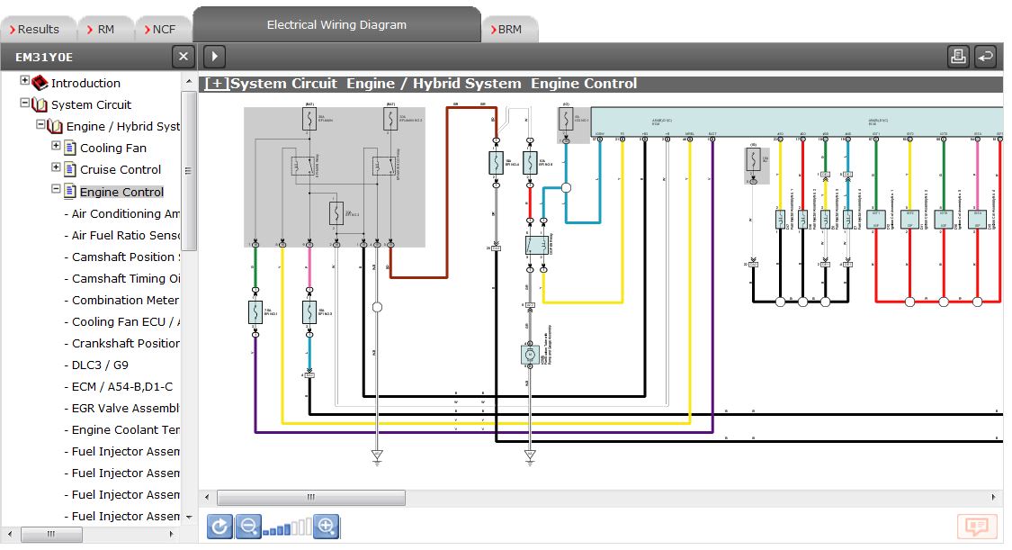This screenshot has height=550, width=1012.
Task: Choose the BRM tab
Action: click(x=509, y=30)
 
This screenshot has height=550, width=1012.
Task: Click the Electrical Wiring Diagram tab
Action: click(x=336, y=25)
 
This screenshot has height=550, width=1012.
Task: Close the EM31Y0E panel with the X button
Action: click(x=184, y=57)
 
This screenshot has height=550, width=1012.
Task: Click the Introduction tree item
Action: click(x=85, y=83)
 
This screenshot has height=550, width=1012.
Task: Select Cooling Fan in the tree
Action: click(x=113, y=148)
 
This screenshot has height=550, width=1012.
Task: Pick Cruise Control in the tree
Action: click(x=121, y=169)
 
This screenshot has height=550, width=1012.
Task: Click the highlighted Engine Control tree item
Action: click(x=121, y=192)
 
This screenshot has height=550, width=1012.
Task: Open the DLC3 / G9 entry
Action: click(x=100, y=365)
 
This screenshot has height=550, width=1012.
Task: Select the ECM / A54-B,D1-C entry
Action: click(x=122, y=386)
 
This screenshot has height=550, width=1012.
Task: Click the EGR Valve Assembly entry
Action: click(x=126, y=408)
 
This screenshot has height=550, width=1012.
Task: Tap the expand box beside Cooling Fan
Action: click(x=57, y=146)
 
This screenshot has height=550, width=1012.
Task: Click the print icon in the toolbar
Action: click(x=958, y=57)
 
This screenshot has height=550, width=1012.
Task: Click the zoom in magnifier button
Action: click(x=327, y=527)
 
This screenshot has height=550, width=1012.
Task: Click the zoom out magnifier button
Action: click(x=248, y=527)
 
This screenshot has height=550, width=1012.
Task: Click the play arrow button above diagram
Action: click(x=214, y=57)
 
